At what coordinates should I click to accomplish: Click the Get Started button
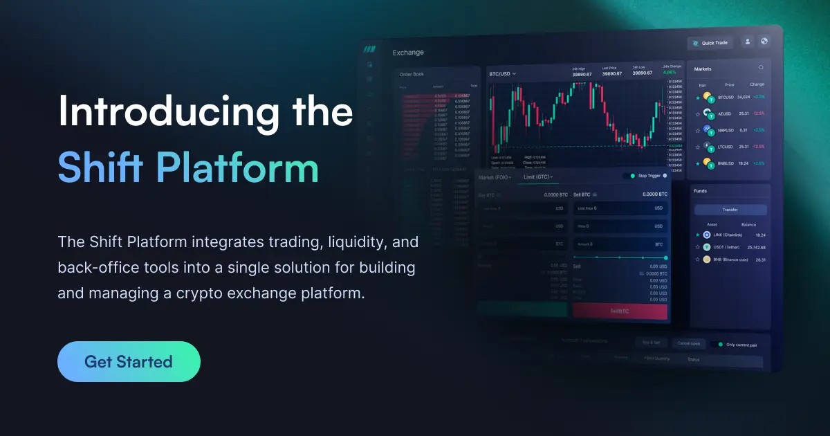click(129, 361)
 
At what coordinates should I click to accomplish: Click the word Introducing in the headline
click(160, 111)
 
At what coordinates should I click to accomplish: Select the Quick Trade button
click(710, 43)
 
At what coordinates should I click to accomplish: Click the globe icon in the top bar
click(764, 42)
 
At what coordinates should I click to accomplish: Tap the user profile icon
click(747, 42)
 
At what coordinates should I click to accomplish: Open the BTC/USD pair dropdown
click(503, 74)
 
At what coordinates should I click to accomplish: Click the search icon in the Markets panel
click(761, 68)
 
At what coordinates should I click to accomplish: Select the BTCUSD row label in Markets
click(726, 97)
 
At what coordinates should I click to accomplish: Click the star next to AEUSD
click(697, 113)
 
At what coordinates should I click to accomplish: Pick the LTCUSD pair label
click(725, 147)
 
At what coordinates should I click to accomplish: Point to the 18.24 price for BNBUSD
click(744, 163)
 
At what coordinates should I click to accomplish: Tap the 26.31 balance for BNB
click(761, 260)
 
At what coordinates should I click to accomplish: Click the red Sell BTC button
click(620, 311)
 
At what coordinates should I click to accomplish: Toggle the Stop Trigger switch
click(628, 176)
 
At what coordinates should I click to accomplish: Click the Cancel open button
click(689, 343)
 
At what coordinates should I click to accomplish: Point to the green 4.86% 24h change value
click(670, 72)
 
